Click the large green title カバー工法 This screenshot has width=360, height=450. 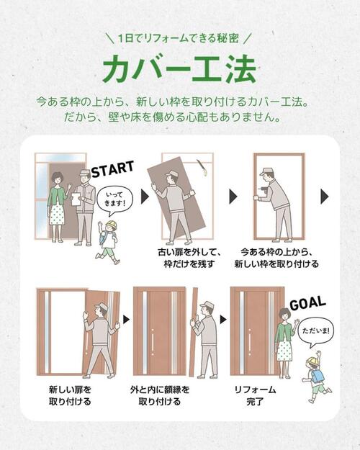click(179, 68)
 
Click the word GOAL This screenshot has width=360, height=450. click(307, 304)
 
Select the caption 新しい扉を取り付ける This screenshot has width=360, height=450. click(69, 395)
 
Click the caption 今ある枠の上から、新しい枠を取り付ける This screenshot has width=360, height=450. click(276, 258)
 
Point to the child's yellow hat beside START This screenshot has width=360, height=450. click(109, 227)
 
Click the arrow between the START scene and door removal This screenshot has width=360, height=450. click(144, 196)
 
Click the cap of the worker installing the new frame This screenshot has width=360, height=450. click(268, 171)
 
